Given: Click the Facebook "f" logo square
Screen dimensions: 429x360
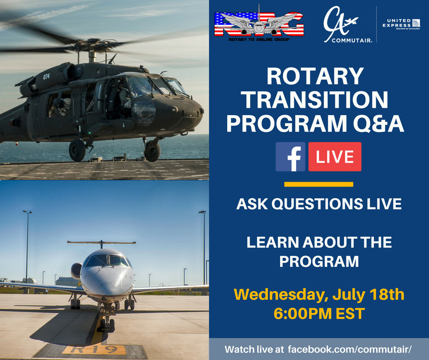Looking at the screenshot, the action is [x=290, y=157].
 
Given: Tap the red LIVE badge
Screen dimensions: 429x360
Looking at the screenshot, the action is [x=335, y=157].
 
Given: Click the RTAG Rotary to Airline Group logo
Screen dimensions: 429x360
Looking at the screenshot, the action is [x=259, y=24].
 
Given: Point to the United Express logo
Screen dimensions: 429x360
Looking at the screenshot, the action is [x=401, y=24].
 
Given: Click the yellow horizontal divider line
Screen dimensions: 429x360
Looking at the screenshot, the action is [x=319, y=185].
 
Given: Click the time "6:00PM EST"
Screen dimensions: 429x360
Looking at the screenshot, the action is [x=319, y=314].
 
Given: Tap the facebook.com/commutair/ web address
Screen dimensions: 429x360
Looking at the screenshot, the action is [x=350, y=349].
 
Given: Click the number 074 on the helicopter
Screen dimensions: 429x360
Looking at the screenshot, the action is [x=46, y=77].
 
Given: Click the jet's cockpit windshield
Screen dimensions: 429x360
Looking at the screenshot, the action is [x=108, y=260].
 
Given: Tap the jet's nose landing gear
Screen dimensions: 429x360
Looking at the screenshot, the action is [x=106, y=319].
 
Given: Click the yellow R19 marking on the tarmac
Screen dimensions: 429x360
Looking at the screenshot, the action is [x=94, y=350].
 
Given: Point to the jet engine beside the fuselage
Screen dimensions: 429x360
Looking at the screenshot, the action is [x=76, y=270].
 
